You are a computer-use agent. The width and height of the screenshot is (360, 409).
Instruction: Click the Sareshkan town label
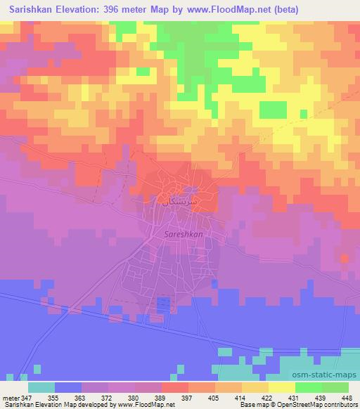[164, 237]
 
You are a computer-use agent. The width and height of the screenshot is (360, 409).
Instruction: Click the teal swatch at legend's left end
[41, 387]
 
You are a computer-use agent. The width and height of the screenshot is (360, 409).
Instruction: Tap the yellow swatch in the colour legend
[281, 387]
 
